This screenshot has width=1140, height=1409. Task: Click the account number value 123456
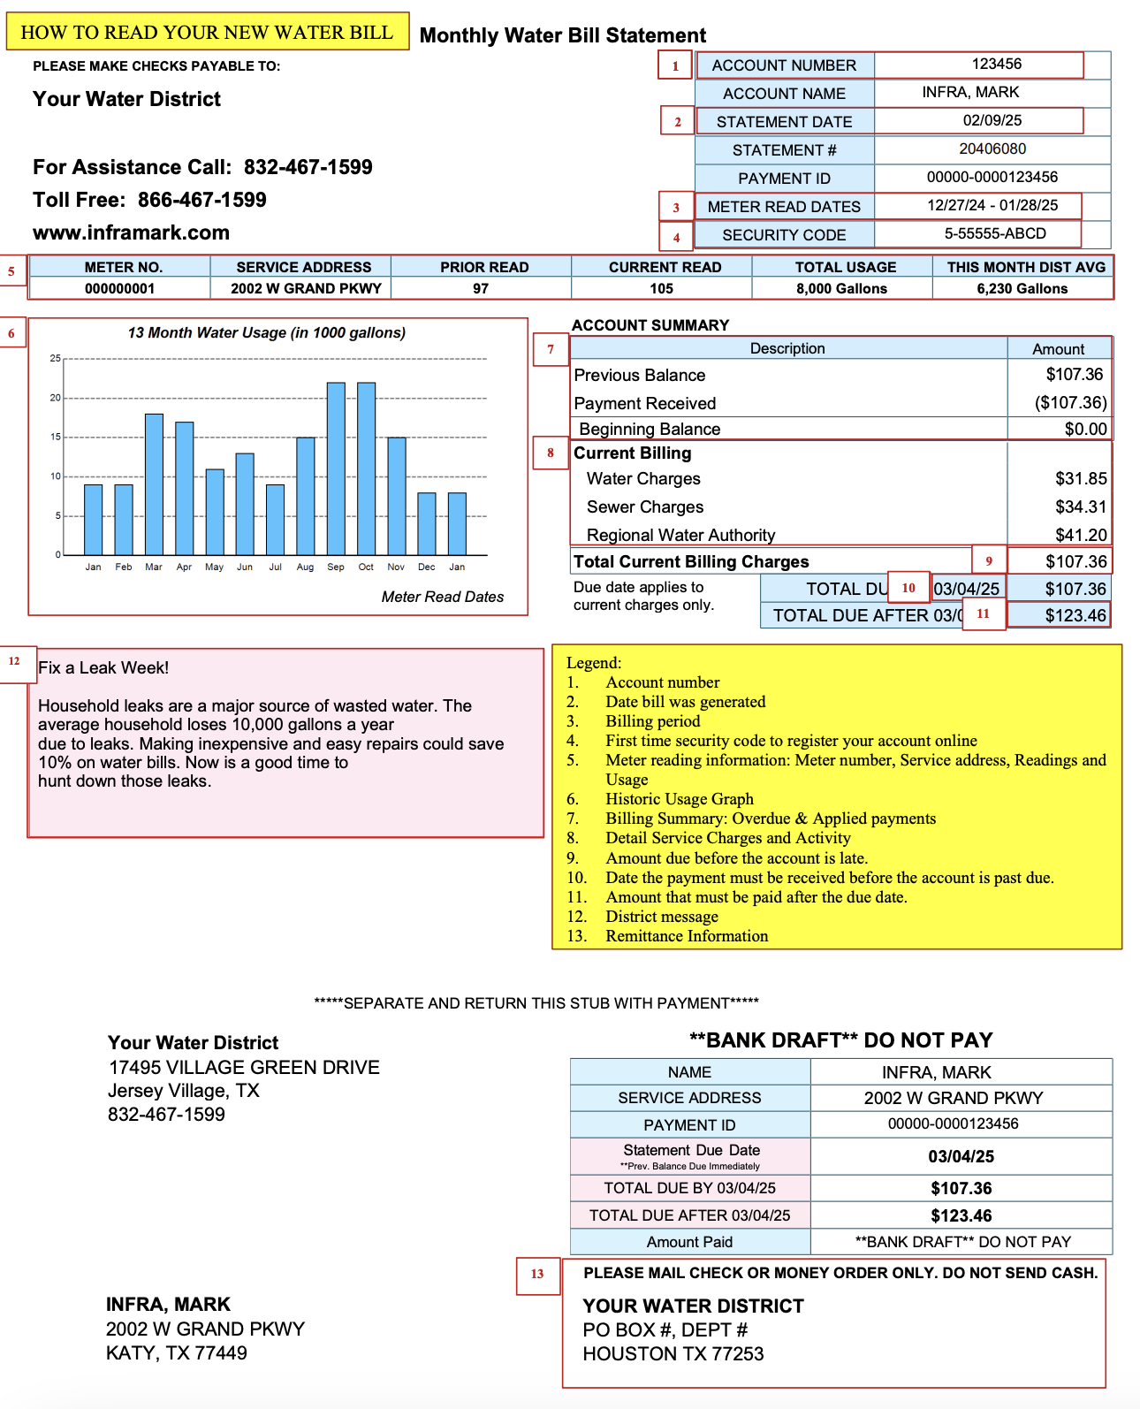pos(996,65)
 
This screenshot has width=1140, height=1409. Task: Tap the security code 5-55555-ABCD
pos(995,234)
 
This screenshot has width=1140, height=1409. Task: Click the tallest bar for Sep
pos(336,468)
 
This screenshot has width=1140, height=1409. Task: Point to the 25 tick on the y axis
pos(56,359)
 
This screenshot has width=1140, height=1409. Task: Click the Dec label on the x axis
pos(427,567)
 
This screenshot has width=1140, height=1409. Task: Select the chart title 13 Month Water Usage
pos(266,333)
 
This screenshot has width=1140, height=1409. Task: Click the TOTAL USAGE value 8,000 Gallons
pos(841,289)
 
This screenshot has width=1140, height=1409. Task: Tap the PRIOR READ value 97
pos(481,289)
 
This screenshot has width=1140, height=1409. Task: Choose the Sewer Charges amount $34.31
pos(1081,507)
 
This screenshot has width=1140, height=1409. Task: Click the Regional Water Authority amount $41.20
pos(1081,536)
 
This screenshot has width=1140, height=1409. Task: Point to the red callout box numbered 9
pos(989,561)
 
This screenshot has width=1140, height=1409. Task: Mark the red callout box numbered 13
pos(537,1275)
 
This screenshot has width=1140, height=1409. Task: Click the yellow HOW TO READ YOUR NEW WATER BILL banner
pos(207,33)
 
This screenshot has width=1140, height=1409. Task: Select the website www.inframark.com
pos(131,233)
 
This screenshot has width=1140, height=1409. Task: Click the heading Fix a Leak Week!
pos(103,668)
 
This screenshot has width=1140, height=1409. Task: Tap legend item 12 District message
pos(661,917)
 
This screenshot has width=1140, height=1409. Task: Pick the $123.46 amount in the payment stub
pos(961,1216)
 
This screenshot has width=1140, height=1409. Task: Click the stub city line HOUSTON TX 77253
pos(673,1354)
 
